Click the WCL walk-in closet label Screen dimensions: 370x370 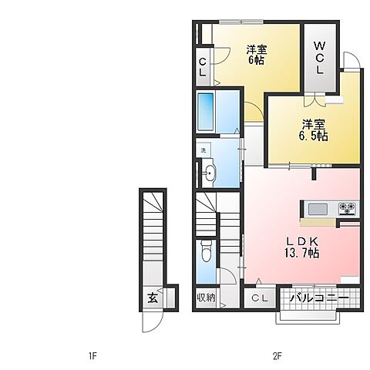pos(319,58)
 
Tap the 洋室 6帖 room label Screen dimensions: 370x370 pos(257,55)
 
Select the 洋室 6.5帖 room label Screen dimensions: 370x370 pos(313,130)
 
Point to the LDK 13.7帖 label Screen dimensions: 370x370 pos(302,247)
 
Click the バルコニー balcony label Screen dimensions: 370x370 pos(319,298)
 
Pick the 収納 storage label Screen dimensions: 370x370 pos(206,298)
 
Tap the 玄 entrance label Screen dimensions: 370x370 pos(153,298)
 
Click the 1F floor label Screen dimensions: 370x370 pos(92,356)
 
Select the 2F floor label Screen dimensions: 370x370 pos(277,356)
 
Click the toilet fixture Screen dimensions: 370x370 pos(206,251)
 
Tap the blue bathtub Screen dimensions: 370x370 pos(206,112)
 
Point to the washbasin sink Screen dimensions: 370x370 pos(210,173)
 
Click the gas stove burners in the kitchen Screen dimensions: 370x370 pos(347,208)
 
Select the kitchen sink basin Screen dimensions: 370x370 pos(318,209)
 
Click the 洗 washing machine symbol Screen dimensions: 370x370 pos(203,150)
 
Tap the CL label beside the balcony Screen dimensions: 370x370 pos(260,298)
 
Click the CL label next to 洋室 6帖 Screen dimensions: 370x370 pos(203,67)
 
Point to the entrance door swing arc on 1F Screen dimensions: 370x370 pos(153,322)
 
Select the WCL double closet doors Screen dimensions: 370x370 pos(314,99)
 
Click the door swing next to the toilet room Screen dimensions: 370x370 pos(227,275)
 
